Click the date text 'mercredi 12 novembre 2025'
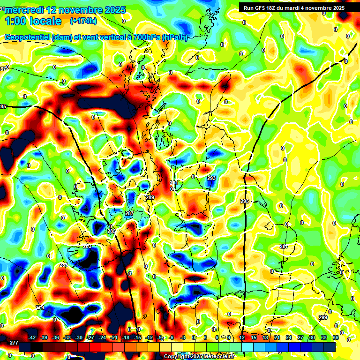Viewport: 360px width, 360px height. coord(65,10)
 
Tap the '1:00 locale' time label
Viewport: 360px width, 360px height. coord(33,21)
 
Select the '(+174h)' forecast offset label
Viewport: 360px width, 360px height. coord(83,21)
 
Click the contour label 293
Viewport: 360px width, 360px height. coord(211,178)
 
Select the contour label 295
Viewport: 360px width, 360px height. coord(245,201)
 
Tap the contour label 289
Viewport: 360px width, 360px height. coord(150,197)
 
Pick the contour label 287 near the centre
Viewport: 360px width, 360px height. coord(129,213)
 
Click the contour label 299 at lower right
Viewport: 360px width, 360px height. coord(323,317)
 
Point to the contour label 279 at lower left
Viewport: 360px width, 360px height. coord(40,307)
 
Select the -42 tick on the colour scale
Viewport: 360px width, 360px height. coord(32,337)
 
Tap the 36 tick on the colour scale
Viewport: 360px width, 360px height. coord(335,337)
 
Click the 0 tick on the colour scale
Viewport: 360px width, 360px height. coord(194,337)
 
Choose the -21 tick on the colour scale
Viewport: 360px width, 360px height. coord(113,337)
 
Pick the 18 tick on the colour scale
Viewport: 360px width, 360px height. coord(265,337)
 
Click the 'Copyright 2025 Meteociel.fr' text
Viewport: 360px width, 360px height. coord(199,356)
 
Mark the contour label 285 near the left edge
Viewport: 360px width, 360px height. coord(3,107)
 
